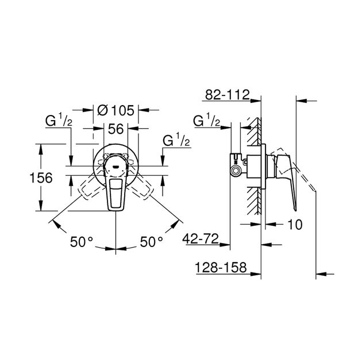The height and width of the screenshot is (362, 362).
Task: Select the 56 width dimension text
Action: [117, 129]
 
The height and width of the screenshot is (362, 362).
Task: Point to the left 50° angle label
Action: [80, 241]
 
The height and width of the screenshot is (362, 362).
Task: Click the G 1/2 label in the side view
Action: [206, 122]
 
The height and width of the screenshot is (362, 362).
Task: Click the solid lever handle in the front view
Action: [117, 192]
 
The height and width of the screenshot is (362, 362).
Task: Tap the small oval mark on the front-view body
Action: [117, 166]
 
